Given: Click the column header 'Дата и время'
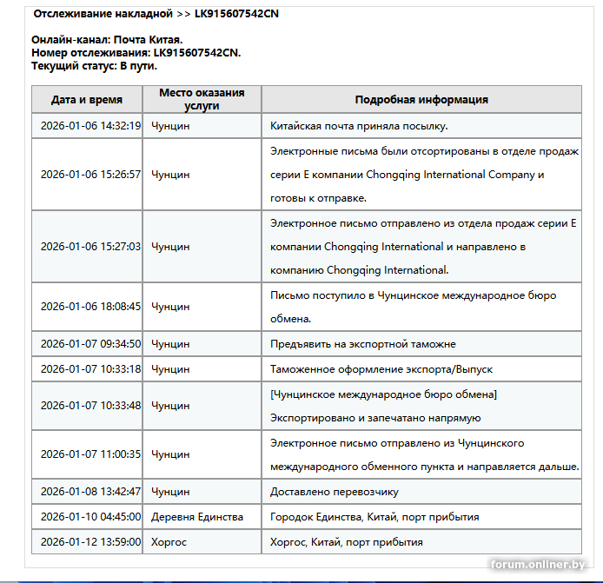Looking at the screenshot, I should (87, 100).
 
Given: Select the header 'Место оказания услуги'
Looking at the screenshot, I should (202, 99).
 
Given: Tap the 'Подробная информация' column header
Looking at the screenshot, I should (421, 100).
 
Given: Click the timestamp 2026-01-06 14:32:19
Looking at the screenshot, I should (90, 126).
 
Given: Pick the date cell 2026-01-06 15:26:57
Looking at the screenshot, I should (90, 174).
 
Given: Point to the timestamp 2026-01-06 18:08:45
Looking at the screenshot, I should (90, 307).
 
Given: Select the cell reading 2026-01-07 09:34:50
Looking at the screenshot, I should (90, 344).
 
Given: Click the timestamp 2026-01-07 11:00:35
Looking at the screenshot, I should (90, 454).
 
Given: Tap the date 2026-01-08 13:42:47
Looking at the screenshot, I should (90, 492).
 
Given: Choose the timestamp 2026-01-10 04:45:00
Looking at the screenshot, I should (90, 517).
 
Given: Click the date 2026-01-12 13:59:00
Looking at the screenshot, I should (90, 542).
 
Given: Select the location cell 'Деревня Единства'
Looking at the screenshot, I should (197, 517).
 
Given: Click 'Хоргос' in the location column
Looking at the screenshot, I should (169, 542).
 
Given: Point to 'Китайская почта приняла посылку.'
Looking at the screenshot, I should (359, 126).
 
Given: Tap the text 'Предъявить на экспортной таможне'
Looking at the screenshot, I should (363, 344).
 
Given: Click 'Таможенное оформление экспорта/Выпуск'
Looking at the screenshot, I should (381, 369).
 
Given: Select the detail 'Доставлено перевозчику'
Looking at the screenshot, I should (335, 492).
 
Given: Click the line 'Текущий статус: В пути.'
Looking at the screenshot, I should (94, 65).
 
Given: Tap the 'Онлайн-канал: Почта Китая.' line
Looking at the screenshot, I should (107, 40).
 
